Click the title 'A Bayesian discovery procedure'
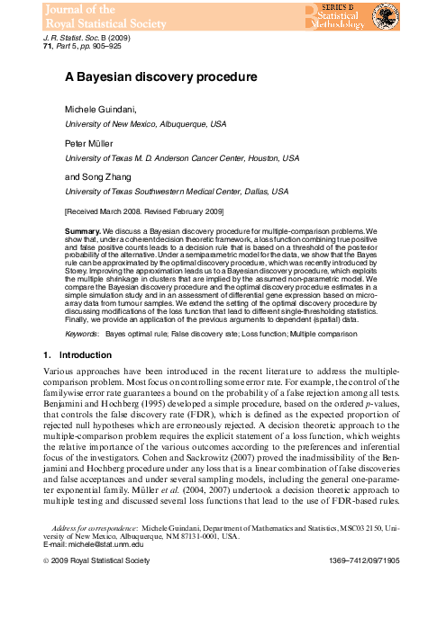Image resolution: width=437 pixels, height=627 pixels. click(x=160, y=78)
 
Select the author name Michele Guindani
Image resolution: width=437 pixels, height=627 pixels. click(x=102, y=108)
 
